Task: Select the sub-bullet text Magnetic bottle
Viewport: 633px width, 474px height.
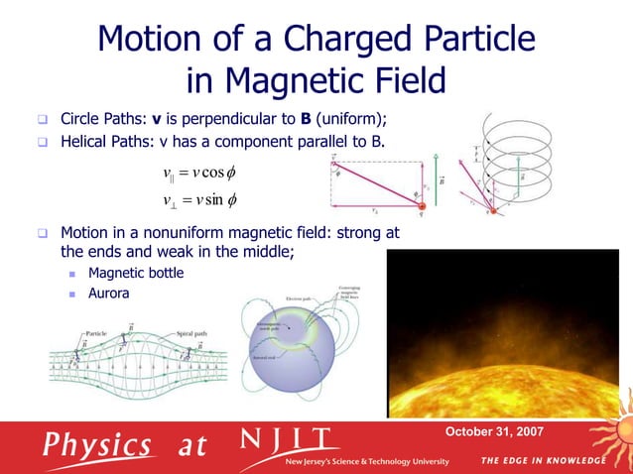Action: pos(136,273)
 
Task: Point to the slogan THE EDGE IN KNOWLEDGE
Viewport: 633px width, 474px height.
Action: pos(543,461)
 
